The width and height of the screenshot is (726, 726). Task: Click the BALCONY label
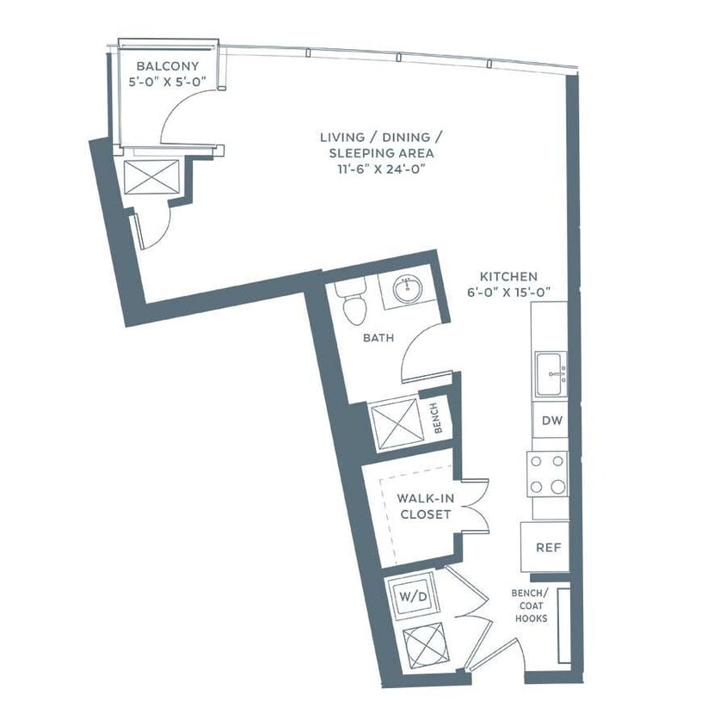click(168, 66)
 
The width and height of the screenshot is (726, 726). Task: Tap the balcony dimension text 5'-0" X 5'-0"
click(168, 83)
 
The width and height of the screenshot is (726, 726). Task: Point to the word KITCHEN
click(509, 277)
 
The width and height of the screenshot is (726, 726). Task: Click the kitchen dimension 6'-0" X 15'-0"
click(516, 293)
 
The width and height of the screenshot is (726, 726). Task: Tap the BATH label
click(378, 338)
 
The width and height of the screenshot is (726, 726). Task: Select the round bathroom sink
click(408, 289)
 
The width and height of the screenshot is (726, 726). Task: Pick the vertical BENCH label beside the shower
click(436, 418)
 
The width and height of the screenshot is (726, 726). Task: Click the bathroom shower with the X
click(394, 423)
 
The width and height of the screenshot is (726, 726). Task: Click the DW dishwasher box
click(550, 421)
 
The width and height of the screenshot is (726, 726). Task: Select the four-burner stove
click(548, 473)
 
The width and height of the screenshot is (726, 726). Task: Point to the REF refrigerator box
click(544, 547)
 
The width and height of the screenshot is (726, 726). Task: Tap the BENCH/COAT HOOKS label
click(530, 606)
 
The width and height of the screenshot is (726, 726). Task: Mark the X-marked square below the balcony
click(151, 178)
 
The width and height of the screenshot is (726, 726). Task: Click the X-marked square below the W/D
click(422, 642)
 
